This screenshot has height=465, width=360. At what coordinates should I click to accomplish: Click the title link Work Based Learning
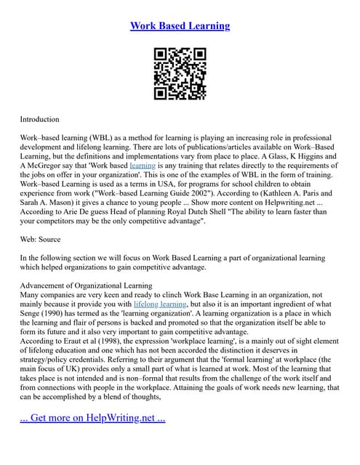(x=180, y=26)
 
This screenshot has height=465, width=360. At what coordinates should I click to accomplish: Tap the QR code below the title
(x=180, y=73)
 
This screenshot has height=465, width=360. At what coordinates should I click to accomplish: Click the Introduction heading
(x=39, y=118)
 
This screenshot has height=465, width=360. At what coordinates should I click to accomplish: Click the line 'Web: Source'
(x=40, y=239)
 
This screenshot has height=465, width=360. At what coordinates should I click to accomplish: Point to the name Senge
(x=32, y=294)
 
